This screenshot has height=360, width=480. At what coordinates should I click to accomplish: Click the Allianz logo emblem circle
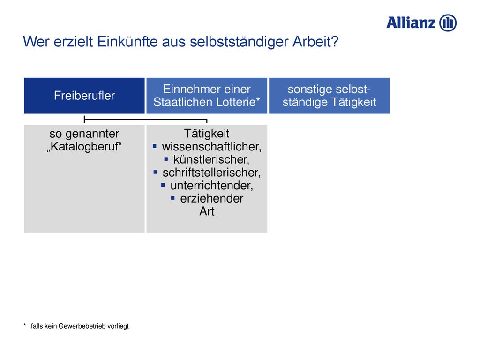pyautogui.click(x=448, y=23)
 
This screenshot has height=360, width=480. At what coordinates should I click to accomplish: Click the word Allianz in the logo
pyautogui.click(x=411, y=23)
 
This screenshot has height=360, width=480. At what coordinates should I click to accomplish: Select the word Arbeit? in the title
pyautogui.click(x=315, y=42)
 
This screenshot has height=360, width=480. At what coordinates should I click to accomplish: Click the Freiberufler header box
pyautogui.click(x=84, y=96)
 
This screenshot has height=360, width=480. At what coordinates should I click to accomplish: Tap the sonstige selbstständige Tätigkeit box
pyautogui.click(x=330, y=96)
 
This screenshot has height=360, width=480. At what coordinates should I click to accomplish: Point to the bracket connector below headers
pyautogui.click(x=145, y=119)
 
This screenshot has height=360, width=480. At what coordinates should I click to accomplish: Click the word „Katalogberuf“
pyautogui.click(x=84, y=147)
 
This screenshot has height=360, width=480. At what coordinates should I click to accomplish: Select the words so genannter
pyautogui.click(x=84, y=134)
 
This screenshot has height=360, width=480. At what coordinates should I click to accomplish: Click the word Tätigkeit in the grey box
pyautogui.click(x=207, y=134)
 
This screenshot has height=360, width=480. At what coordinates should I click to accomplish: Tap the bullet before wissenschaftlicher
pyautogui.click(x=155, y=147)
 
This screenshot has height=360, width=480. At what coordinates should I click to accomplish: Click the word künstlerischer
pyautogui.click(x=211, y=159)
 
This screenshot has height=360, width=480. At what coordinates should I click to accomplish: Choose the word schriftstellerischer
pyautogui.click(x=211, y=172)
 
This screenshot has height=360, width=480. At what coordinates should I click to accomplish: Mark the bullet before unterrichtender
pyautogui.click(x=163, y=185)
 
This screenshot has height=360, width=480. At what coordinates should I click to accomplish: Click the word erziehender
pyautogui.click(x=212, y=198)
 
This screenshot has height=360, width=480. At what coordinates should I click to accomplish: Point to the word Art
pyautogui.click(x=207, y=211)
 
